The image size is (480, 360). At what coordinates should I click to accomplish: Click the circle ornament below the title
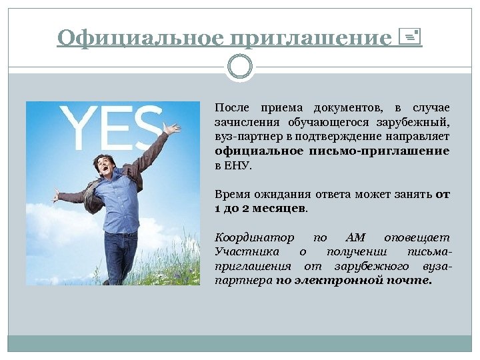[x=240, y=67]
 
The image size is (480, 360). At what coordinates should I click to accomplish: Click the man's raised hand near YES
[x=171, y=128]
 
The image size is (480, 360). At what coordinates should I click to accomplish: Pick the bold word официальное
[x=256, y=151]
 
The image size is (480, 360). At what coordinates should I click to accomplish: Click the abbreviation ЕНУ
[x=240, y=165]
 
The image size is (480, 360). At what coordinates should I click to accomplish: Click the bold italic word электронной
[x=339, y=281]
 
